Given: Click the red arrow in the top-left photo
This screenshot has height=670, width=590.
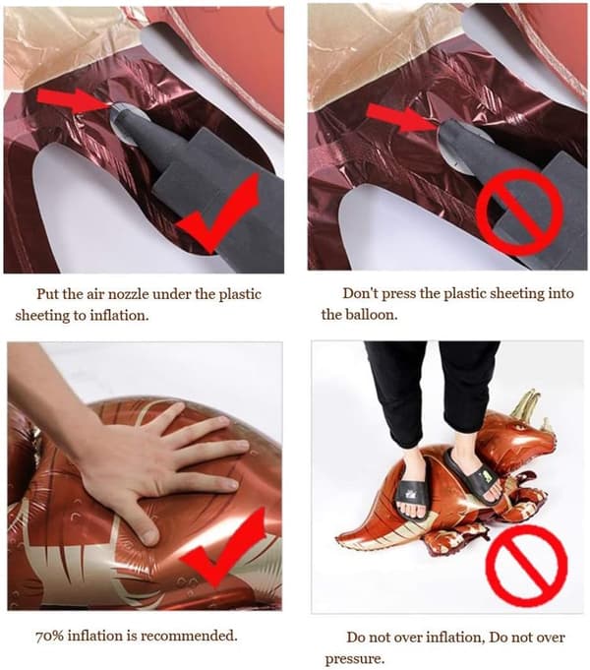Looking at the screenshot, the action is point(74,100).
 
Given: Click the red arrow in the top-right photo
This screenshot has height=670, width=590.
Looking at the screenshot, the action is point(401,117).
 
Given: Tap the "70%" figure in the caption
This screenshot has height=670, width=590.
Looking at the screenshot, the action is point(49,636).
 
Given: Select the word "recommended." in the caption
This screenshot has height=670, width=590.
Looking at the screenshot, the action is point(189,636).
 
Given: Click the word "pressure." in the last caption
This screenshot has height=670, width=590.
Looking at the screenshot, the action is point(355,658).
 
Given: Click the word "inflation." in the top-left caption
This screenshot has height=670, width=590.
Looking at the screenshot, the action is point(120,316).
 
